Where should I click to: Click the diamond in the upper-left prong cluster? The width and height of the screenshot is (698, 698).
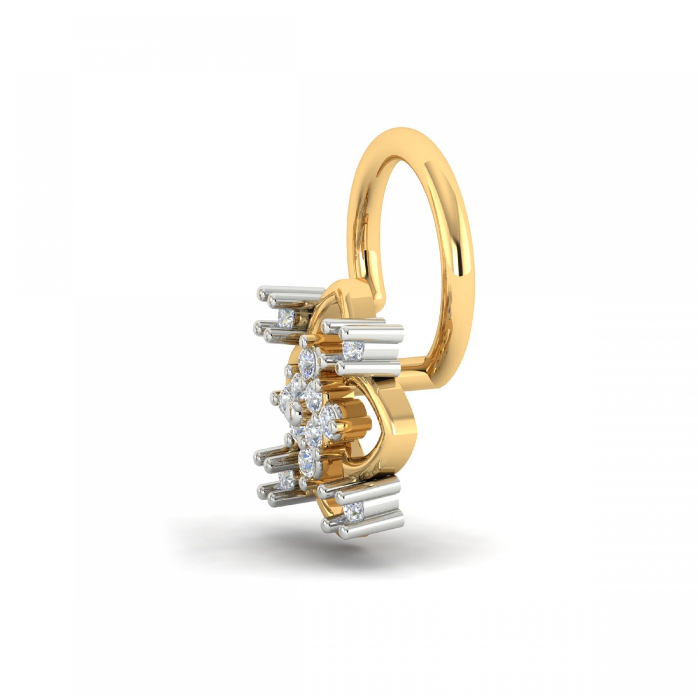point(286,318)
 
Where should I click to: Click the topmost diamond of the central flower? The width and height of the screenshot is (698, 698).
point(308,360)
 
